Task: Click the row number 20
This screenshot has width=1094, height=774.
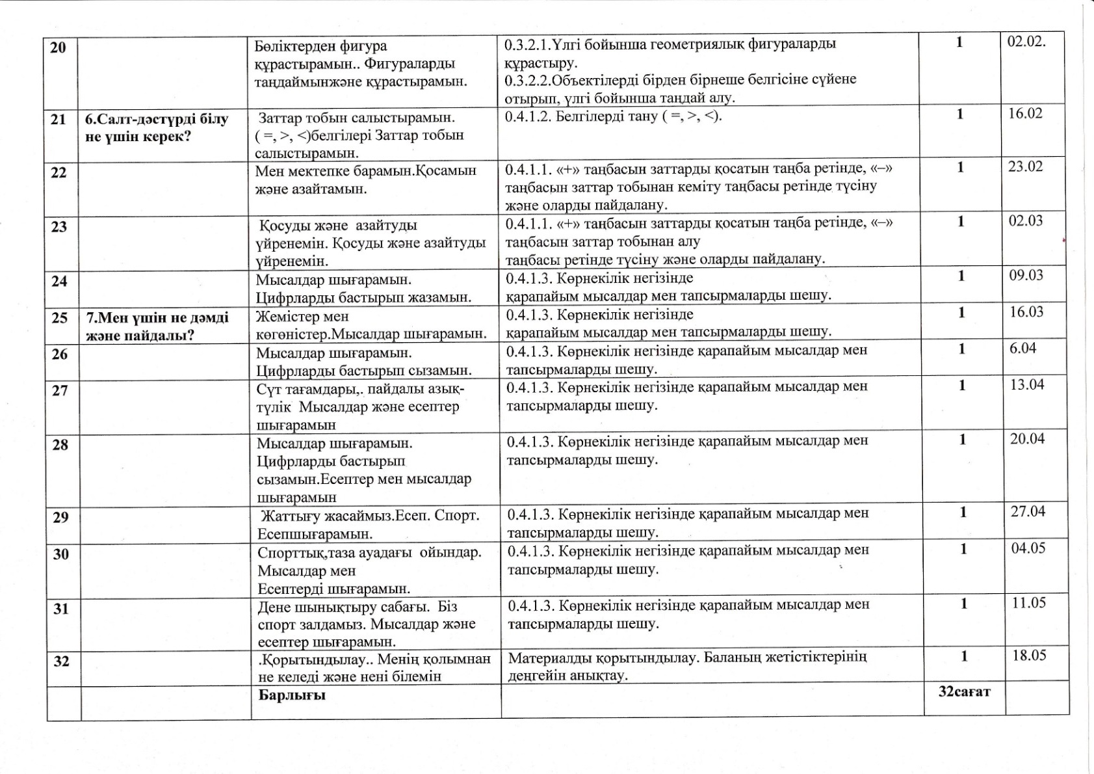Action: (58, 47)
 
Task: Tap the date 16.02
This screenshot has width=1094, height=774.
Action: (1025, 114)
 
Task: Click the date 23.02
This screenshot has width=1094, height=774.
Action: (1025, 167)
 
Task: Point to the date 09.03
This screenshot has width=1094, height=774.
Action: (1026, 275)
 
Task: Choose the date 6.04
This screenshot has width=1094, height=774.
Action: (1022, 348)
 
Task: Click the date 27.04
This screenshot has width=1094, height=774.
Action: (1028, 511)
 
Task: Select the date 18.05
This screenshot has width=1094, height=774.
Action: (1029, 655)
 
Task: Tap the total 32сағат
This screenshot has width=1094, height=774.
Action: (964, 691)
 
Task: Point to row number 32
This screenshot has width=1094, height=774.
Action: (61, 661)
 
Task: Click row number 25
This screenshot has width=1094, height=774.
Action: (59, 318)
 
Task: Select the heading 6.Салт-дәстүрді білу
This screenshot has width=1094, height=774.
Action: (157, 120)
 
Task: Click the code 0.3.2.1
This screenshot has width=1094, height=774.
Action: (527, 45)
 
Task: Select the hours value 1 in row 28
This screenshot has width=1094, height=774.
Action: (963, 440)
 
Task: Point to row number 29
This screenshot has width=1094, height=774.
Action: (60, 518)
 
